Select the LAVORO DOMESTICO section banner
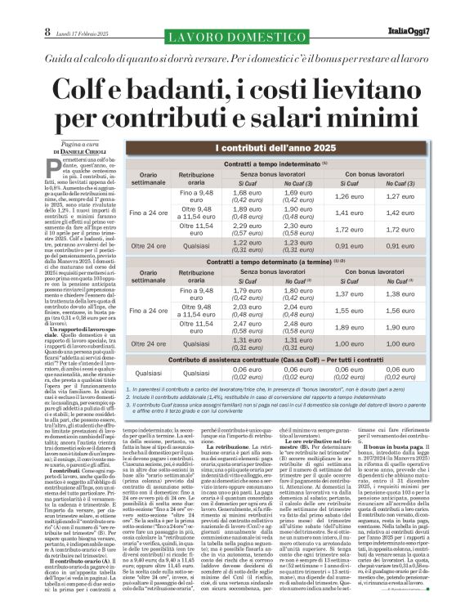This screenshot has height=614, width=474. (x=237, y=37)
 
